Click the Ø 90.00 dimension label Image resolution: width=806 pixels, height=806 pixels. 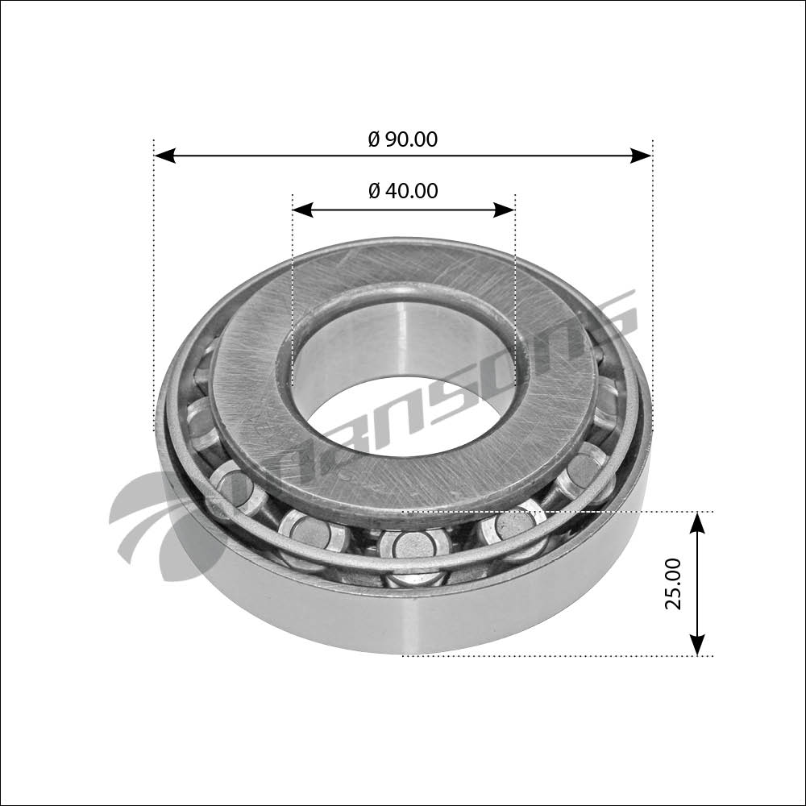[x=403, y=139]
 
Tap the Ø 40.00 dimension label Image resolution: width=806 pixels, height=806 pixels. [x=403, y=191]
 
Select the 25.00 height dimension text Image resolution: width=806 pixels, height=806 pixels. [x=673, y=584]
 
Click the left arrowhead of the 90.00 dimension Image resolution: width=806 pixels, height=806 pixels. [x=165, y=156]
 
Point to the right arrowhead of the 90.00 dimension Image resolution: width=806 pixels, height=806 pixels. [x=641, y=156]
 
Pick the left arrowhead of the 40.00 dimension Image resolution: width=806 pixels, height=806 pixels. [x=303, y=210]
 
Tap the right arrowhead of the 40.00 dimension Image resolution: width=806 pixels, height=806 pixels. [x=504, y=210]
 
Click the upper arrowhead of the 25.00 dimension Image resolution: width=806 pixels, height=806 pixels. [x=696, y=523]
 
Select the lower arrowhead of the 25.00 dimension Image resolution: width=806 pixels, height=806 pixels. [x=696, y=645]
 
